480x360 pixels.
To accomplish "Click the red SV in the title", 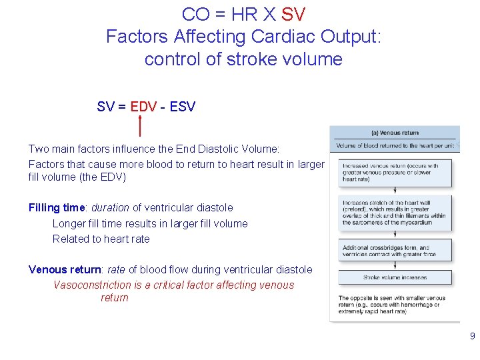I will point(293,14).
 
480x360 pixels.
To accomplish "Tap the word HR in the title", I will point(238,14).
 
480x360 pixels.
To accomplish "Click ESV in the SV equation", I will point(183,107).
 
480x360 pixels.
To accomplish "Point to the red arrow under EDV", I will point(140,125).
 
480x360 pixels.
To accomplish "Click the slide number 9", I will point(472,337).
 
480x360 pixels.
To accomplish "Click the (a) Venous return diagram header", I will point(395,133).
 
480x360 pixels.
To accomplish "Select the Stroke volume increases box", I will point(395,277).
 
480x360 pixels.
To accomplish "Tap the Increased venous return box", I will point(395,173).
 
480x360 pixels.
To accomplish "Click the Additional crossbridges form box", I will point(395,251).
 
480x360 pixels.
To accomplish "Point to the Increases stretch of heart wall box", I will point(395,212).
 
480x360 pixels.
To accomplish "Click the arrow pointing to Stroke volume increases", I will point(395,265).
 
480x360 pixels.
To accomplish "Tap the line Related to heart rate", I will point(101,239).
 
